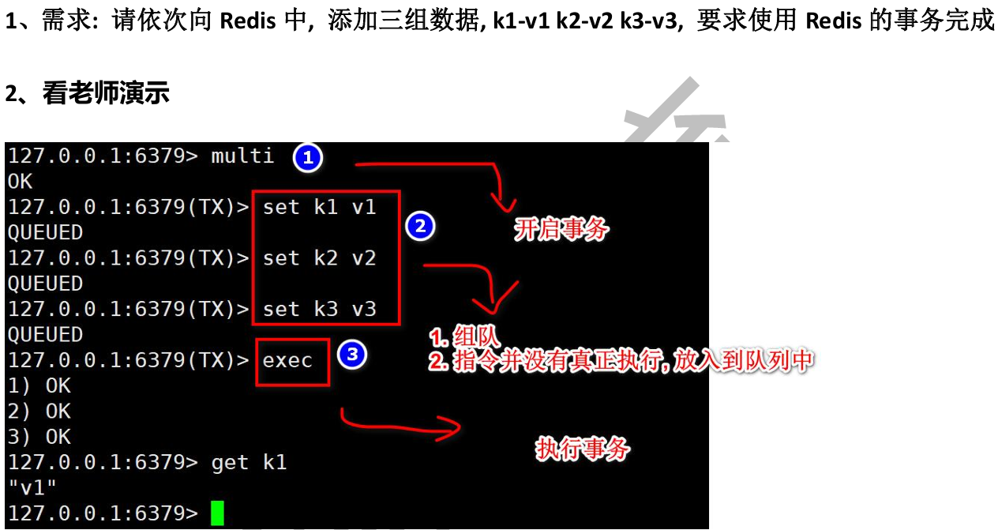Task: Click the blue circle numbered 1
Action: click(307, 158)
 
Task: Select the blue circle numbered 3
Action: click(351, 355)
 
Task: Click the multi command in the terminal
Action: click(242, 156)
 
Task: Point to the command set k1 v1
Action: click(320, 208)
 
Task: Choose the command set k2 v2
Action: click(320, 258)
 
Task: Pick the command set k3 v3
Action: click(320, 309)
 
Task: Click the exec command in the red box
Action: click(288, 361)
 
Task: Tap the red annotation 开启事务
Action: click(561, 230)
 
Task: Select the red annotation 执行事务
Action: click(583, 449)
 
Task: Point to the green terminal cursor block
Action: click(217, 513)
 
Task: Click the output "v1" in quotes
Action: click(32, 487)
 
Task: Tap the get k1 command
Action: click(249, 462)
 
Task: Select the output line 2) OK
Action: click(39, 412)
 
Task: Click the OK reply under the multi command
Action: click(21, 182)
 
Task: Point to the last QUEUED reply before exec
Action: click(46, 335)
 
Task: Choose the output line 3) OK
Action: click(39, 437)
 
